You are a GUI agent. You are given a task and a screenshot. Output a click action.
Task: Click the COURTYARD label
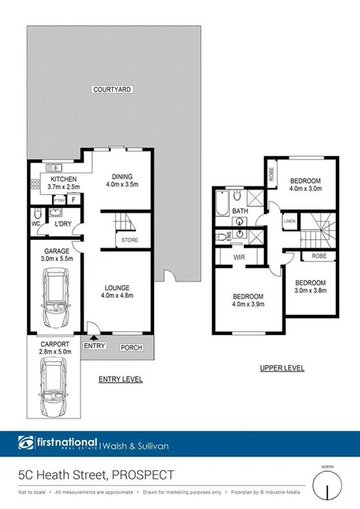(113, 90)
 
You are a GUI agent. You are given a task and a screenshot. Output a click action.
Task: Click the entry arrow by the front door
(93, 336)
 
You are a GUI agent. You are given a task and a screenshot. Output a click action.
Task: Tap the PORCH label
(131, 346)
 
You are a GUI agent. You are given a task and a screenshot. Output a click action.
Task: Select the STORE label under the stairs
(130, 241)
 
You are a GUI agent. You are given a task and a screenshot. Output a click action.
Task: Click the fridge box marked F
(73, 199)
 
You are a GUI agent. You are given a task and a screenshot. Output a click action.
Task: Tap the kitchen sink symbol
(52, 167)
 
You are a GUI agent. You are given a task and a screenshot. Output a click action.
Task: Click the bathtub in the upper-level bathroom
(222, 203)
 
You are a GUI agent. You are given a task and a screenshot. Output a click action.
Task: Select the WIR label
(239, 257)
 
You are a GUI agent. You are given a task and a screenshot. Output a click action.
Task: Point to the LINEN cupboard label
(289, 220)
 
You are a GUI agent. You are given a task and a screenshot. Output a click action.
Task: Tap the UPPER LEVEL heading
(282, 367)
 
